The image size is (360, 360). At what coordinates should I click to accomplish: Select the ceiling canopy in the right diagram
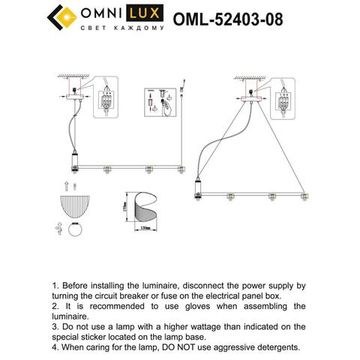click(x=249, y=74)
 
